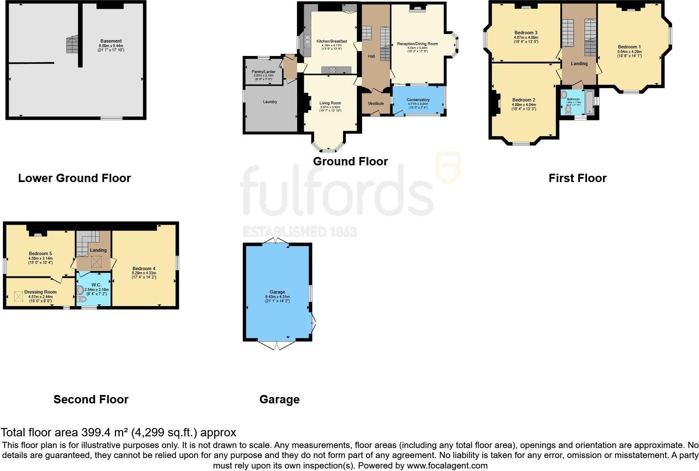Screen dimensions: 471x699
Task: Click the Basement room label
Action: point(111,41)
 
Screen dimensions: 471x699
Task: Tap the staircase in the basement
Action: point(72,44)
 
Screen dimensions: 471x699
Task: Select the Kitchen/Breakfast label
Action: point(332,41)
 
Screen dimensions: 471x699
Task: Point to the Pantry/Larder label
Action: point(264,72)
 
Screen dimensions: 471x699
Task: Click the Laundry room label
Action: point(270,102)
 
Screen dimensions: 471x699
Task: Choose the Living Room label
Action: point(330,103)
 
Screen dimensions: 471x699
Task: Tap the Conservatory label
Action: point(418,100)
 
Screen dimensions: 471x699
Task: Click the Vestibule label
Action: point(376,104)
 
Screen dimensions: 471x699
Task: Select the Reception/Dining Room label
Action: point(417,44)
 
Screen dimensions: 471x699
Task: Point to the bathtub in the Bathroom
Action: point(589,102)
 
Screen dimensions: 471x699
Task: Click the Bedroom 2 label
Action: point(524,100)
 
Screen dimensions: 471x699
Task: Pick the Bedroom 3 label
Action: point(526,33)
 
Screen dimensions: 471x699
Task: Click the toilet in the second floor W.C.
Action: point(81,299)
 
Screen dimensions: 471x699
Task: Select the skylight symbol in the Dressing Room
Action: point(19,296)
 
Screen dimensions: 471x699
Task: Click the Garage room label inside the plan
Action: point(277,292)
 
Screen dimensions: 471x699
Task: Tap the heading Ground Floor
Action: point(350,162)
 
